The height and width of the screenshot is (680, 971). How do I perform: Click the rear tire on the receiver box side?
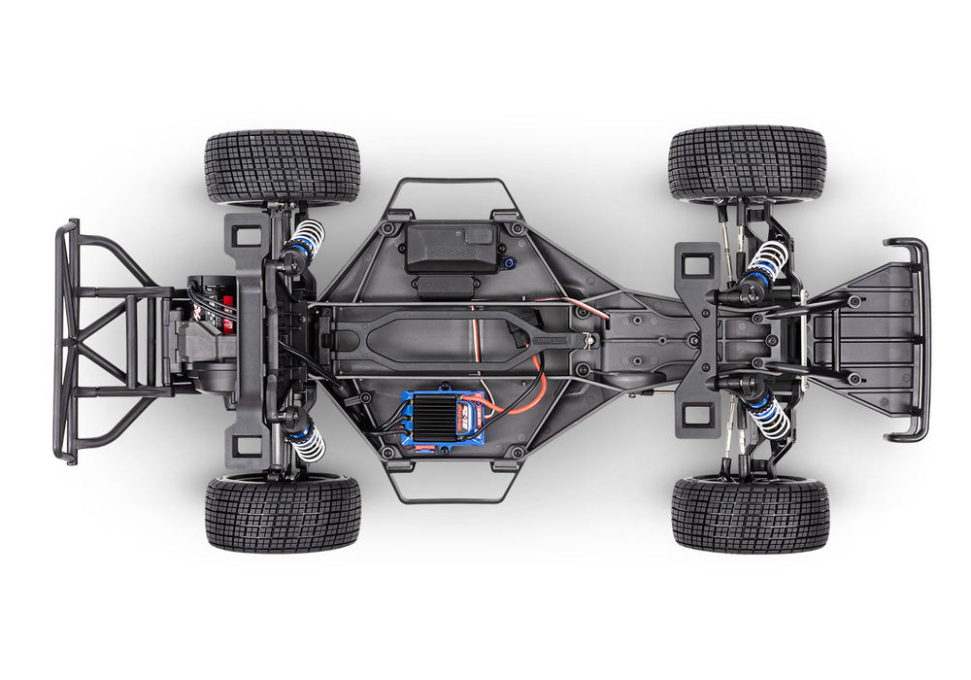coord(283,168)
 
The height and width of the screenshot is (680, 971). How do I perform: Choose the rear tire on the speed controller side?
coord(283,512)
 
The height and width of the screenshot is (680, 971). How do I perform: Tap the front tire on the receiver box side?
coord(747,163)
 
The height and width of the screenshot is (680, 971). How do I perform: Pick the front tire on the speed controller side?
coord(750,513)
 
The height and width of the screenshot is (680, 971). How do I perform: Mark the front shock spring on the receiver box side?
coord(769,260)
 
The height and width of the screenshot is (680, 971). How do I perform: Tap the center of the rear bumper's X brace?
coord(97,339)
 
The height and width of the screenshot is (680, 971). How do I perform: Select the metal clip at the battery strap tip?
coord(589,337)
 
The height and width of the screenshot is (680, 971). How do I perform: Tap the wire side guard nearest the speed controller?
coord(451,491)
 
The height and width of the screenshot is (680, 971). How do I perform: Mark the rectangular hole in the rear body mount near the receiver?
coord(248,235)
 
